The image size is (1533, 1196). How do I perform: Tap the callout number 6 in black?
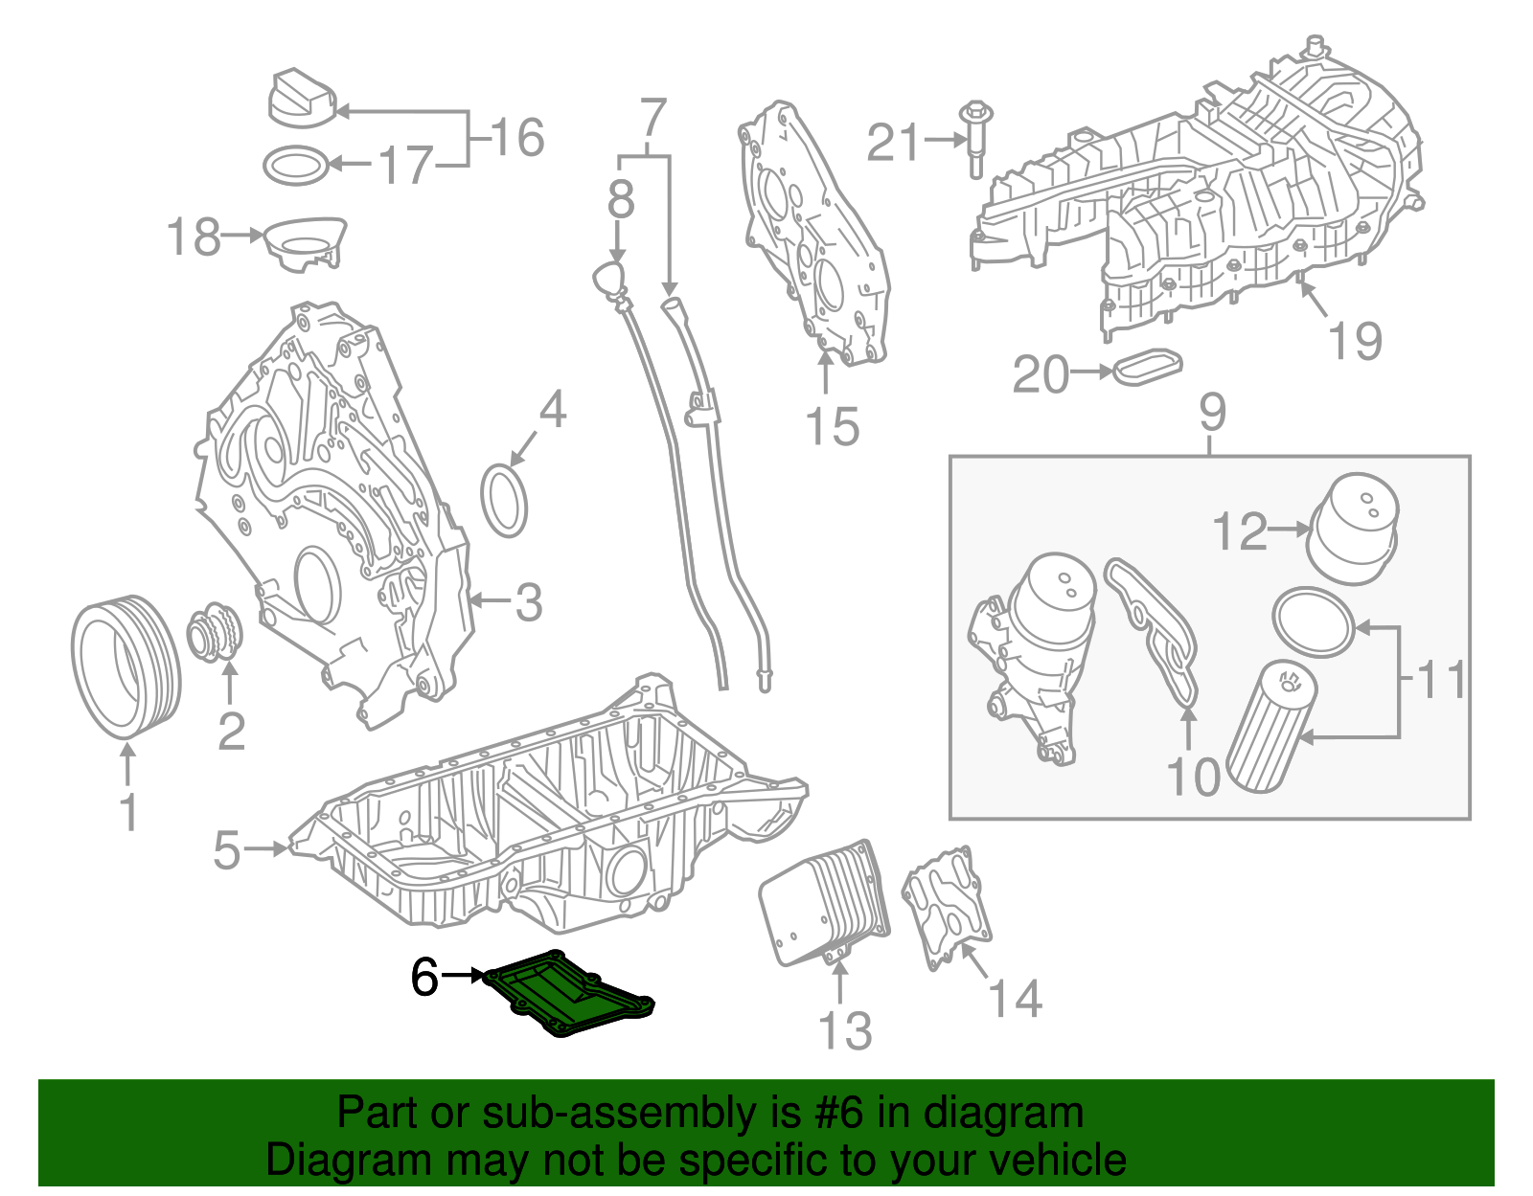click(x=424, y=978)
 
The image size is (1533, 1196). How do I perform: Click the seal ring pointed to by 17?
click(x=297, y=166)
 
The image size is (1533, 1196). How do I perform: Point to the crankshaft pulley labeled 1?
click(x=126, y=667)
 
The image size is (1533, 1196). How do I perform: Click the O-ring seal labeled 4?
click(x=504, y=500)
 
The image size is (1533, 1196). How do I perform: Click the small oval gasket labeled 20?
click(x=1148, y=368)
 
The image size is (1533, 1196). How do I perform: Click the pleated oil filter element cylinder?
click(x=1271, y=728)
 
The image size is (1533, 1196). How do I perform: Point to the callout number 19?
click(x=1355, y=341)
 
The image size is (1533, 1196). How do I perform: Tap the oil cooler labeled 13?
click(x=824, y=900)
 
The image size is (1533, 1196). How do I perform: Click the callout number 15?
click(x=832, y=427)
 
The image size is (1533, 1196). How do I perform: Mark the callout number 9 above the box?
click(x=1212, y=413)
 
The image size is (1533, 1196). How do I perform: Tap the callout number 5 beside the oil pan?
click(x=227, y=849)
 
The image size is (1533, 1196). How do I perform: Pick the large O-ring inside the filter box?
click(x=1314, y=622)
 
